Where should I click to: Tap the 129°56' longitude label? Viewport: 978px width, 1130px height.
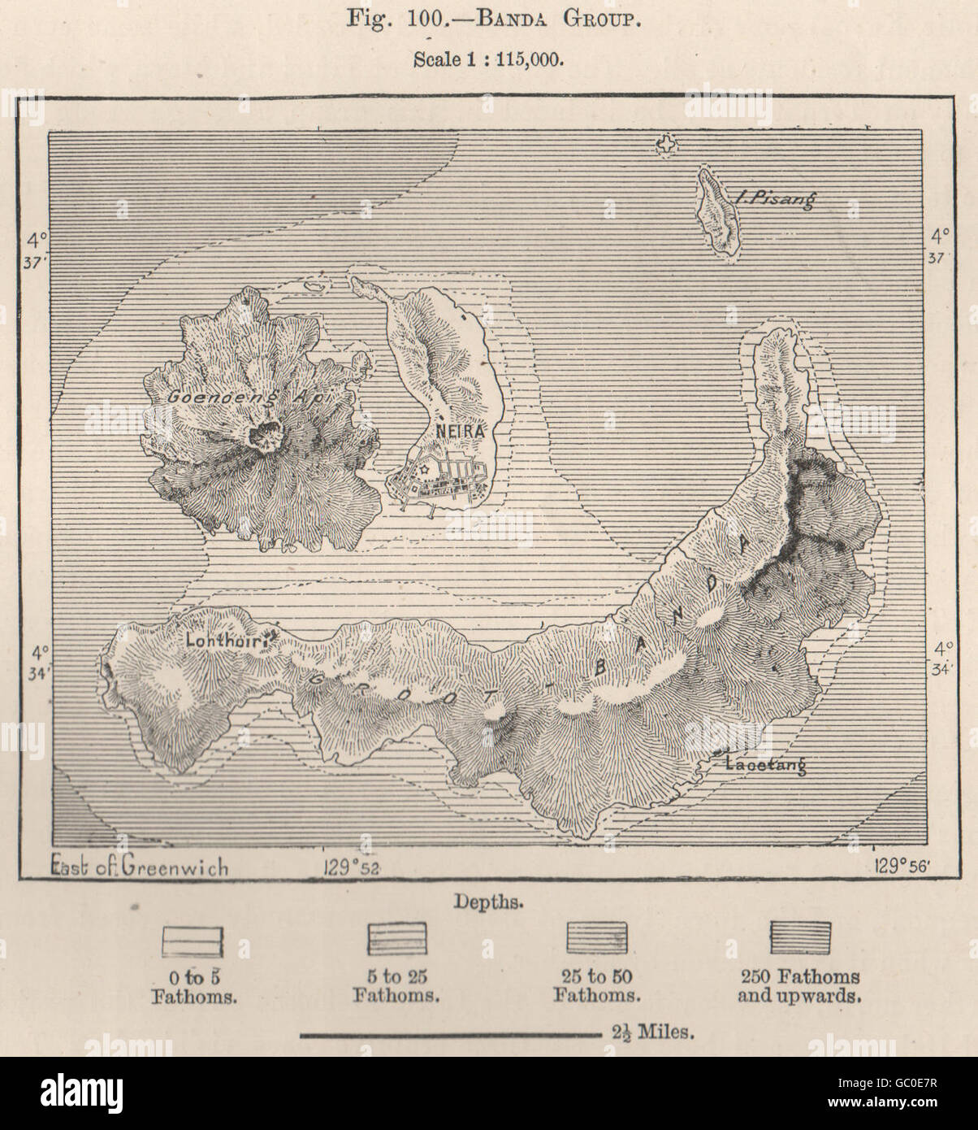click(x=903, y=865)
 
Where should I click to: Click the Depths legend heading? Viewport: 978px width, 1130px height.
click(x=488, y=902)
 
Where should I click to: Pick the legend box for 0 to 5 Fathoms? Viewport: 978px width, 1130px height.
click(x=192, y=940)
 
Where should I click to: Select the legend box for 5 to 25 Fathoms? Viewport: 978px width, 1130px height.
click(x=396, y=938)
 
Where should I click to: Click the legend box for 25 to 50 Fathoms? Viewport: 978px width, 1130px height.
click(x=596, y=937)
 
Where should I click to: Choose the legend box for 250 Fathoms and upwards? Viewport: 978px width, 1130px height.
click(x=800, y=937)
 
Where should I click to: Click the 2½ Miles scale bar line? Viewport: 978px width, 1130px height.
click(x=450, y=1035)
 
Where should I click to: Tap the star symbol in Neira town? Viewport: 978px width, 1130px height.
click(x=422, y=470)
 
